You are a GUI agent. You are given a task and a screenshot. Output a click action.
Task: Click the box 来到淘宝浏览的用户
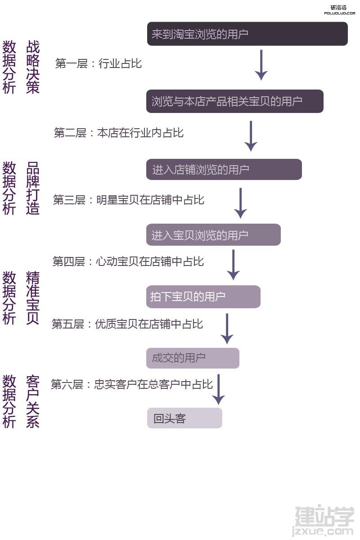point(247,34)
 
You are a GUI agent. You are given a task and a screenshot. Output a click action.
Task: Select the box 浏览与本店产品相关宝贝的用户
point(235,101)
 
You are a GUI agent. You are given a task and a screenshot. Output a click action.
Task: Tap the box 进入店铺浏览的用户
point(224,170)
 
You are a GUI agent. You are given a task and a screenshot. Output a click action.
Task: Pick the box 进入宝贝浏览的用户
point(213,235)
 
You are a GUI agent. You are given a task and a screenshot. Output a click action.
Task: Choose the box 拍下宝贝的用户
point(203,297)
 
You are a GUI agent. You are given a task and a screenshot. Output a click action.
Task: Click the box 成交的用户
point(193,358)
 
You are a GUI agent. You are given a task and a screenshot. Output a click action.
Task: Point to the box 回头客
point(184,418)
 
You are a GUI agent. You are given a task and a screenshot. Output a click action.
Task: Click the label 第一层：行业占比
point(99,63)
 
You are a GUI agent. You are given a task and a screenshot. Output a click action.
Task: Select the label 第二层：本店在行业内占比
point(119,133)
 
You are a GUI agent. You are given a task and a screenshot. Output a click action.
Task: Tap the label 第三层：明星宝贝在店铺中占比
point(129,200)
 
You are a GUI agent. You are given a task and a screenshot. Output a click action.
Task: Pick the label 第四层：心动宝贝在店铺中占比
point(128,261)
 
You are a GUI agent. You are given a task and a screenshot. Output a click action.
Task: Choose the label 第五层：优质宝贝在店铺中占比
point(127,324)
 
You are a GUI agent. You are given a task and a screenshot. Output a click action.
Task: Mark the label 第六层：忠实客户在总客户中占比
point(132,384)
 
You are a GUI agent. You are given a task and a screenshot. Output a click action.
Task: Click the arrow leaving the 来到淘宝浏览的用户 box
point(261,65)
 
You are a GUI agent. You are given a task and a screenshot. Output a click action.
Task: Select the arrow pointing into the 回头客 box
point(218,390)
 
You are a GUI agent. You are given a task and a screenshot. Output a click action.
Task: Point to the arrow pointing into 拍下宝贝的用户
point(233,265)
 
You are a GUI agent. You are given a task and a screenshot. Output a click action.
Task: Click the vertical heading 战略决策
point(33,67)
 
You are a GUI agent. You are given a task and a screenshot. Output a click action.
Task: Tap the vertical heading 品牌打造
point(33,188)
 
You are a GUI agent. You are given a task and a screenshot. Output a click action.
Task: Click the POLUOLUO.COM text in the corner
point(339,13)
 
